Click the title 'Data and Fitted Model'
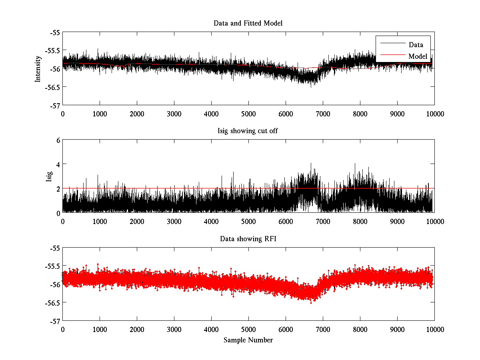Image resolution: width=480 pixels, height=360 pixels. coord(248,23)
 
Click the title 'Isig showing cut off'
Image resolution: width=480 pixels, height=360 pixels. coord(248,131)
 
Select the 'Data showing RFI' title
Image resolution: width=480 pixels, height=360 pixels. coord(248,239)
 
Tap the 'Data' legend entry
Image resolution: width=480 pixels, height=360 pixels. coord(416,45)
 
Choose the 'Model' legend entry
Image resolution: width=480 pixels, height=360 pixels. coord(418,56)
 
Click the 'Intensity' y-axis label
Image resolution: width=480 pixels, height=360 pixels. coord(38,68)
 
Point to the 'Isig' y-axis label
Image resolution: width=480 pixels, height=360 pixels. coord(49,176)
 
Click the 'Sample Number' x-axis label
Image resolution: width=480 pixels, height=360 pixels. coord(248,340)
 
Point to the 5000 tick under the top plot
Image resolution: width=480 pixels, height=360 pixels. coord(248,114)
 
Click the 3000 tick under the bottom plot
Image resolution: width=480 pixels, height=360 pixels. coord(174,329)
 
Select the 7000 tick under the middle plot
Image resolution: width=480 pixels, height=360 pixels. coord(323,222)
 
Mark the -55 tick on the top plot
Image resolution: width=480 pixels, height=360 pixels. coord(55,32)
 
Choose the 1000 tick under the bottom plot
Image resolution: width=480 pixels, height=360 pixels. coord(100,329)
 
